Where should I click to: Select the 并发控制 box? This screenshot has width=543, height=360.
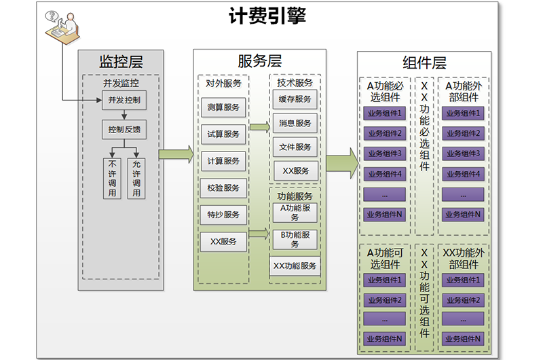pos(124,101)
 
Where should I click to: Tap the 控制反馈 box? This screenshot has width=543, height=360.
pos(124,129)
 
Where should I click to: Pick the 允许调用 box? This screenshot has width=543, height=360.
pos(136,179)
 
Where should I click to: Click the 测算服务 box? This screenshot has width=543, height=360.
pos(223,107)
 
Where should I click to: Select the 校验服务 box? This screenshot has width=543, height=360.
pos(223,187)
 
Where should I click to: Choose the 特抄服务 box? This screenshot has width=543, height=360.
pos(223,215)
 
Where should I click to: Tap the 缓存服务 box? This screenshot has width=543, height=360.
pos(295,99)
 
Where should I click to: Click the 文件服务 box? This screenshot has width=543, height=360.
pos(295,147)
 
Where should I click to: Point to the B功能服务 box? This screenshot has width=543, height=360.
pos(295,239)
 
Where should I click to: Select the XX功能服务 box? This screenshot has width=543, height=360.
pos(295,266)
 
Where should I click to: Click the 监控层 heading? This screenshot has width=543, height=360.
pos(121,62)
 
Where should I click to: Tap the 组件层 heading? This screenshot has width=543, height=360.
pos(424,63)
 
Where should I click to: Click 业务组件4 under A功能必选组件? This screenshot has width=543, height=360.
pos(385,174)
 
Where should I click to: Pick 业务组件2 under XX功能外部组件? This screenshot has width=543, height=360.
pos(462,300)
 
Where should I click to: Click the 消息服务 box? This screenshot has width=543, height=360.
pos(295,123)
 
